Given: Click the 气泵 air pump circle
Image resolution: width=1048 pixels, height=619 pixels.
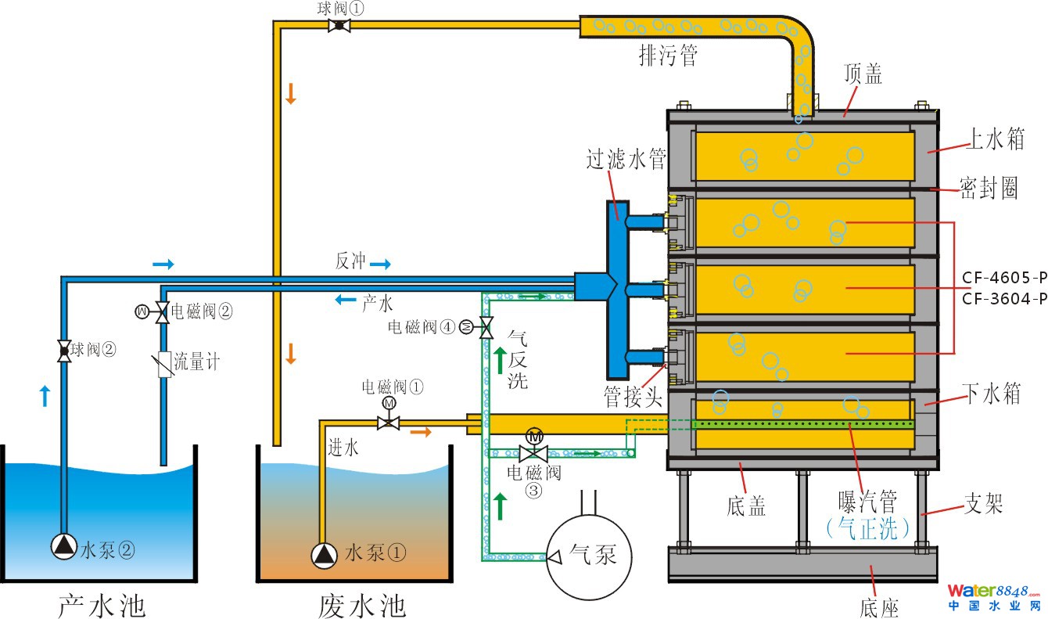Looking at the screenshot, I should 590,553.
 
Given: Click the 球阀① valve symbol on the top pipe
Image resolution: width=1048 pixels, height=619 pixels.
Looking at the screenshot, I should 339,25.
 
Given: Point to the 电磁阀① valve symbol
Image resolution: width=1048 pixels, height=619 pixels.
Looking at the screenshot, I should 389,423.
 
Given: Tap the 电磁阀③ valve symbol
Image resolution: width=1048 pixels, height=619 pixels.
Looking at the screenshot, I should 534,452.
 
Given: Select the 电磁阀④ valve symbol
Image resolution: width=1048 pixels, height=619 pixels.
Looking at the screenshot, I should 485,326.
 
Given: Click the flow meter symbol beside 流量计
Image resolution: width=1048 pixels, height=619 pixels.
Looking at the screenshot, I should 164,364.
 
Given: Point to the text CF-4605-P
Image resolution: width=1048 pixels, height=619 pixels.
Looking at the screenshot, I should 1004,278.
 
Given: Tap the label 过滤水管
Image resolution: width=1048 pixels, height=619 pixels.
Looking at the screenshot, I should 626,160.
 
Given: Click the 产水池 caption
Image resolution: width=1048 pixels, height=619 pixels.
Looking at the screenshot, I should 102,604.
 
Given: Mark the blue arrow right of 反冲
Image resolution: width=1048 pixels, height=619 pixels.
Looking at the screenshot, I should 380,265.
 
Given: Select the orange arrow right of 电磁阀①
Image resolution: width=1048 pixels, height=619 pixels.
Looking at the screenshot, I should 420,432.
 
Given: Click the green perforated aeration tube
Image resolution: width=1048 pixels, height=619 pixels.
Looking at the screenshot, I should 802,424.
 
